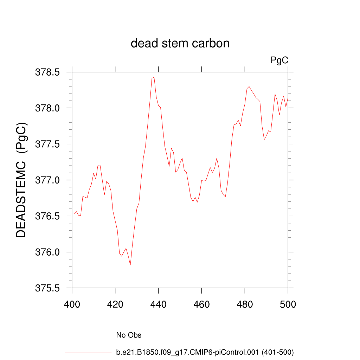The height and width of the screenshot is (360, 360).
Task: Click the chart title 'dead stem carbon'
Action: click(180, 44)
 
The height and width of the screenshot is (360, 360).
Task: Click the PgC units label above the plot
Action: click(279, 60)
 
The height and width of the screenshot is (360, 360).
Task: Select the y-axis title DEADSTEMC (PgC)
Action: click(21, 180)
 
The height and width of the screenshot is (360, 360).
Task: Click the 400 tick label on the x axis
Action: click(72, 304)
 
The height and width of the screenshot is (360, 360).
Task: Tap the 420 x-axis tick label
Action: click(115, 304)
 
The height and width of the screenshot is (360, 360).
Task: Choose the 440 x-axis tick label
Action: click(159, 304)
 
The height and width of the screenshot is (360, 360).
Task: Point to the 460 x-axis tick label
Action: click(202, 304)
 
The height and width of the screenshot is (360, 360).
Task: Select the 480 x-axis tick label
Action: click(245, 304)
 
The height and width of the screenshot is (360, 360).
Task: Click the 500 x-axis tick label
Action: click(288, 304)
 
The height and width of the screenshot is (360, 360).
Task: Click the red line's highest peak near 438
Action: click(154, 77)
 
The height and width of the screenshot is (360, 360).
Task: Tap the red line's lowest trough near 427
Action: click(130, 265)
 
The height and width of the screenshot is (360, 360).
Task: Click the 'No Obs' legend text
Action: click(129, 335)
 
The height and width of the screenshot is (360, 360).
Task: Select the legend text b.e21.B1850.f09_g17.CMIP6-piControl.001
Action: click(205, 352)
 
